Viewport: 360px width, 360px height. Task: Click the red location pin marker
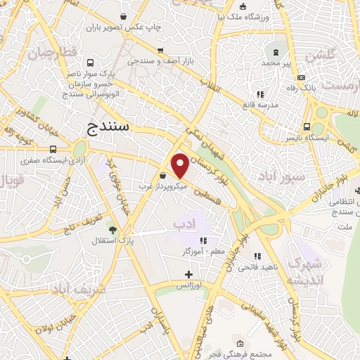180,165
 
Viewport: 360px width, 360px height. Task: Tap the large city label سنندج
110,127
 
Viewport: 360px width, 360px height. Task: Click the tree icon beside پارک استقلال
112,229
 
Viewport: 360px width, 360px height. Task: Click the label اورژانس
188,286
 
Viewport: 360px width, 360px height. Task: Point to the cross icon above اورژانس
188,274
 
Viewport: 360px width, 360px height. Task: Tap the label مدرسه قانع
259,105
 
